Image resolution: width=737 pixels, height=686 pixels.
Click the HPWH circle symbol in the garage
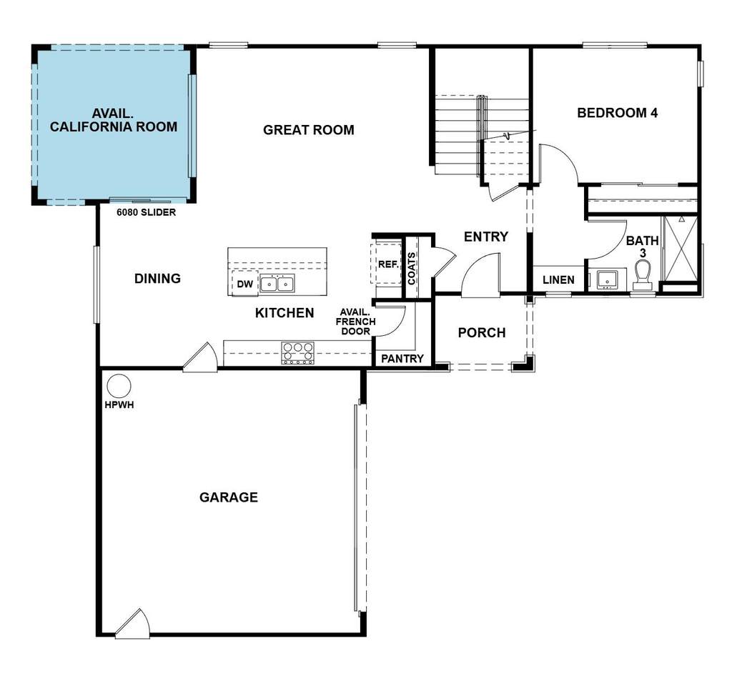[119, 387]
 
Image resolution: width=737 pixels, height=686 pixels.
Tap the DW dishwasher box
[245, 284]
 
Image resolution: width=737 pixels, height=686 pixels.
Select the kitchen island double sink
[277, 284]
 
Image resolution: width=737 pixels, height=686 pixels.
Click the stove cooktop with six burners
[298, 353]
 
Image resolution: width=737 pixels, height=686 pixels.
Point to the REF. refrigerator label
[387, 264]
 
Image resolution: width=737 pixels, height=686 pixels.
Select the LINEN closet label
[558, 280]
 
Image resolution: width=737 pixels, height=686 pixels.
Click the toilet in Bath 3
[643, 274]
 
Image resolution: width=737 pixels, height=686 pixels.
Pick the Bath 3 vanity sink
[608, 279]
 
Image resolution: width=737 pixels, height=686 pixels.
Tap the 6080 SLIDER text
[147, 212]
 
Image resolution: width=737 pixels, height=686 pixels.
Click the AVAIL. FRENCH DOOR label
[355, 322]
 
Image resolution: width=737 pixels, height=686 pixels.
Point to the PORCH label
[482, 332]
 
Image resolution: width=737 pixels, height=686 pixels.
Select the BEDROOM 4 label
[617, 113]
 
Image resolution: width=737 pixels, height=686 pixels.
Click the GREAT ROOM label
[309, 130]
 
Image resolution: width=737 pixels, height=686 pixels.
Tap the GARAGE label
[229, 497]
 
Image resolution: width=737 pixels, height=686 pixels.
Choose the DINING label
[157, 279]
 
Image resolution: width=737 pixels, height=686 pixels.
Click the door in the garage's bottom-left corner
[134, 622]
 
